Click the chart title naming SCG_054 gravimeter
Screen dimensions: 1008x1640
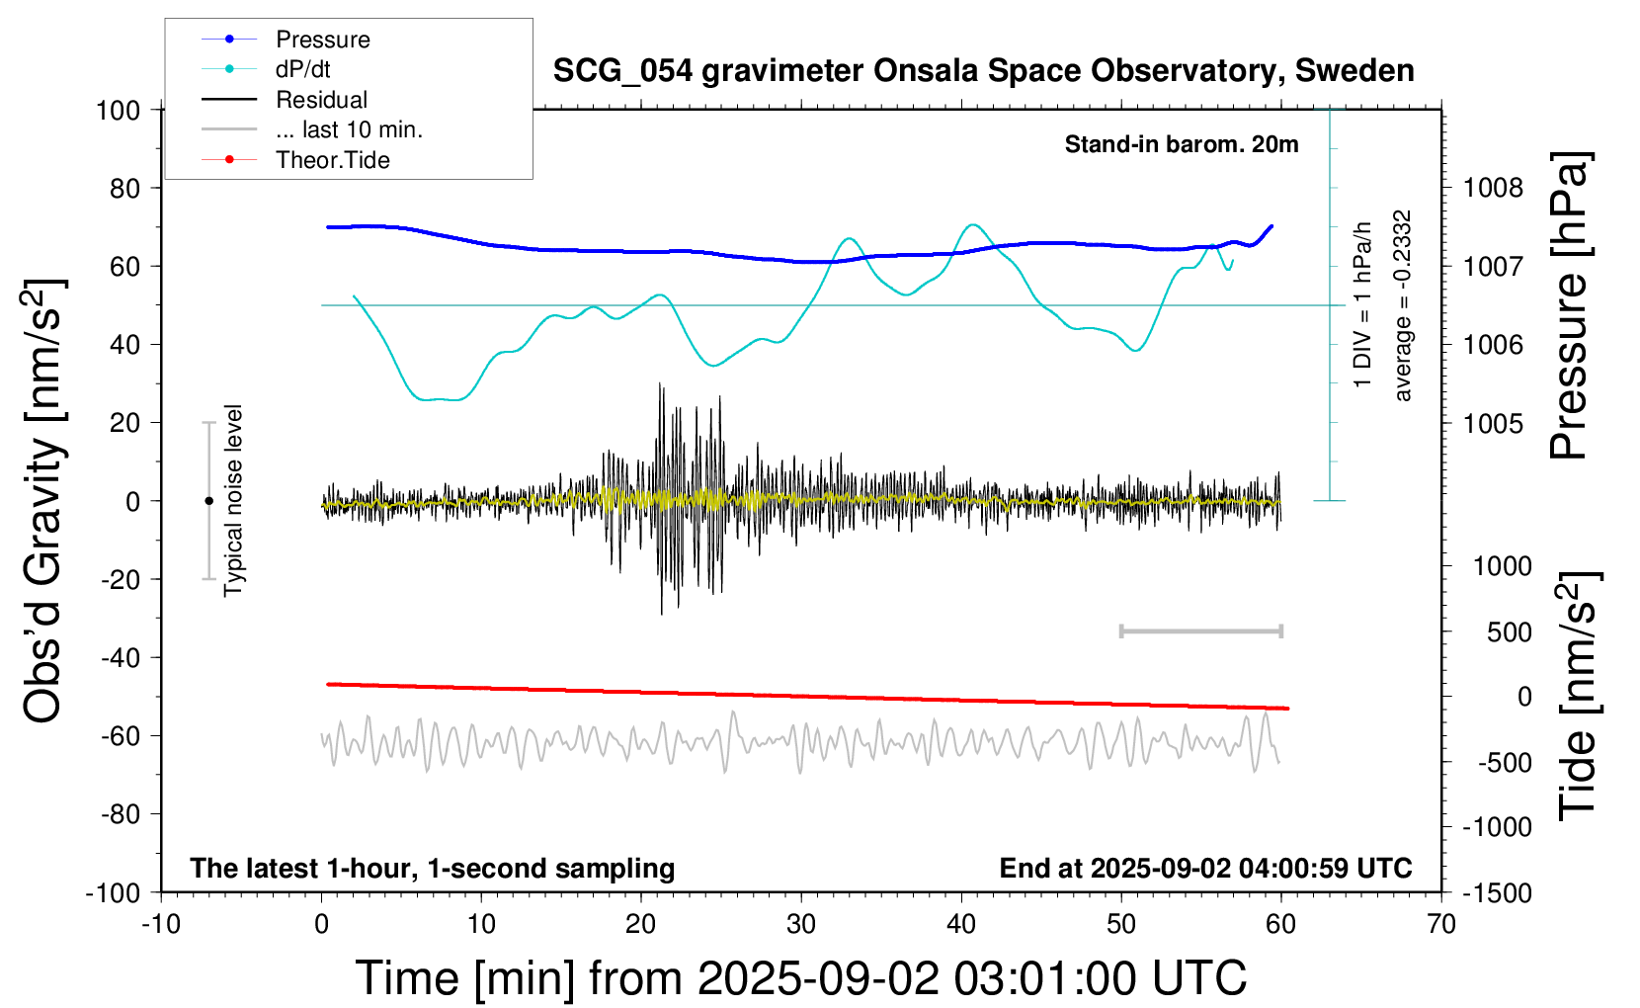(983, 71)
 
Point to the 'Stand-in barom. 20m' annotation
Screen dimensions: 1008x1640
(1181, 144)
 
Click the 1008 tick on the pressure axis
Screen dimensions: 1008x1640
(1493, 188)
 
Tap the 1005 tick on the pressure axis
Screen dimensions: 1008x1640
(1493, 423)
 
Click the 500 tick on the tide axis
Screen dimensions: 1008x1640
(1510, 632)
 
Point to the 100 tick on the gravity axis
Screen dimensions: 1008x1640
(118, 110)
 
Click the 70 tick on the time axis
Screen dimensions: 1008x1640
(1441, 925)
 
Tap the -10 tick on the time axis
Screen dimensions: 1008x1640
(161, 925)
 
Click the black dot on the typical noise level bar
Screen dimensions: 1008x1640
(208, 501)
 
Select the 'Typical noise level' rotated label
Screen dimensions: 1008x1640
(233, 500)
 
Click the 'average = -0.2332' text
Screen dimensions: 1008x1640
(1402, 305)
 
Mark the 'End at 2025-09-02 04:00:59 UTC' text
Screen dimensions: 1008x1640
(1205, 868)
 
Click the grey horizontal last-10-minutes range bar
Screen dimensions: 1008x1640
(1200, 630)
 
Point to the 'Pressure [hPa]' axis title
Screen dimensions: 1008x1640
(1568, 305)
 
